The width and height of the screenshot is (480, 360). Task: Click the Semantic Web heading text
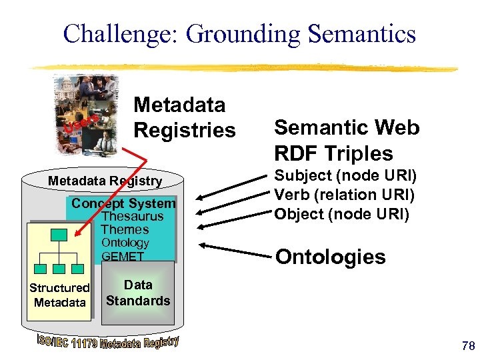347,127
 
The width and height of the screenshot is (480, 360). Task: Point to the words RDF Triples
334,153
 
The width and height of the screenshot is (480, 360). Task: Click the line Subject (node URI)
345,177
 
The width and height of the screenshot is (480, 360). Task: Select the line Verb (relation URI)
345,196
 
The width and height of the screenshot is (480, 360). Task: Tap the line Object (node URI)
342,215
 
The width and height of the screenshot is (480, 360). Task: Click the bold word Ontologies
330,257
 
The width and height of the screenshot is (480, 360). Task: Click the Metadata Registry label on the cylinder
105,181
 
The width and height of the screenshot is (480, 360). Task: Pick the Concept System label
123,203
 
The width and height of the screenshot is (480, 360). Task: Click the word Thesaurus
133,217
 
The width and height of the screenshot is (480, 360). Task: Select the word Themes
125,229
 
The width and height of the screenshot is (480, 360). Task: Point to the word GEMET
123,256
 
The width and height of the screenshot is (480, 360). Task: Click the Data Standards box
138,293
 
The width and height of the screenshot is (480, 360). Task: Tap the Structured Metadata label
59,295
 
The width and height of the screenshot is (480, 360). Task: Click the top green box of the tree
60,234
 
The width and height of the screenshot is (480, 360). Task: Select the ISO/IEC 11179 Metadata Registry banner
107,343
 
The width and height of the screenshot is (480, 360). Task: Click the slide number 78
467,345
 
